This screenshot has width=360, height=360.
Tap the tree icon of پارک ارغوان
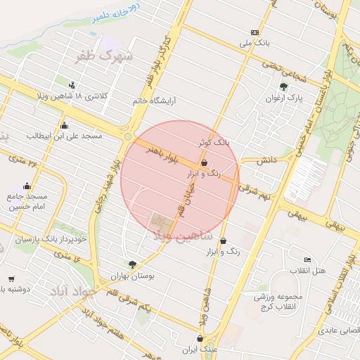click(x=283, y=87)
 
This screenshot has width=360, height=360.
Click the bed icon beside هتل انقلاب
click(x=307, y=260)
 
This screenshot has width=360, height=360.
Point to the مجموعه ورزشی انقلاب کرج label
click(x=279, y=300)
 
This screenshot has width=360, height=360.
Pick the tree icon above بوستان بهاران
click(x=132, y=264)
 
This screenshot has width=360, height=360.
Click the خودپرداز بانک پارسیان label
click(x=51, y=239)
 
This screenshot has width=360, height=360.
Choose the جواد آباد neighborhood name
click(x=69, y=290)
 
